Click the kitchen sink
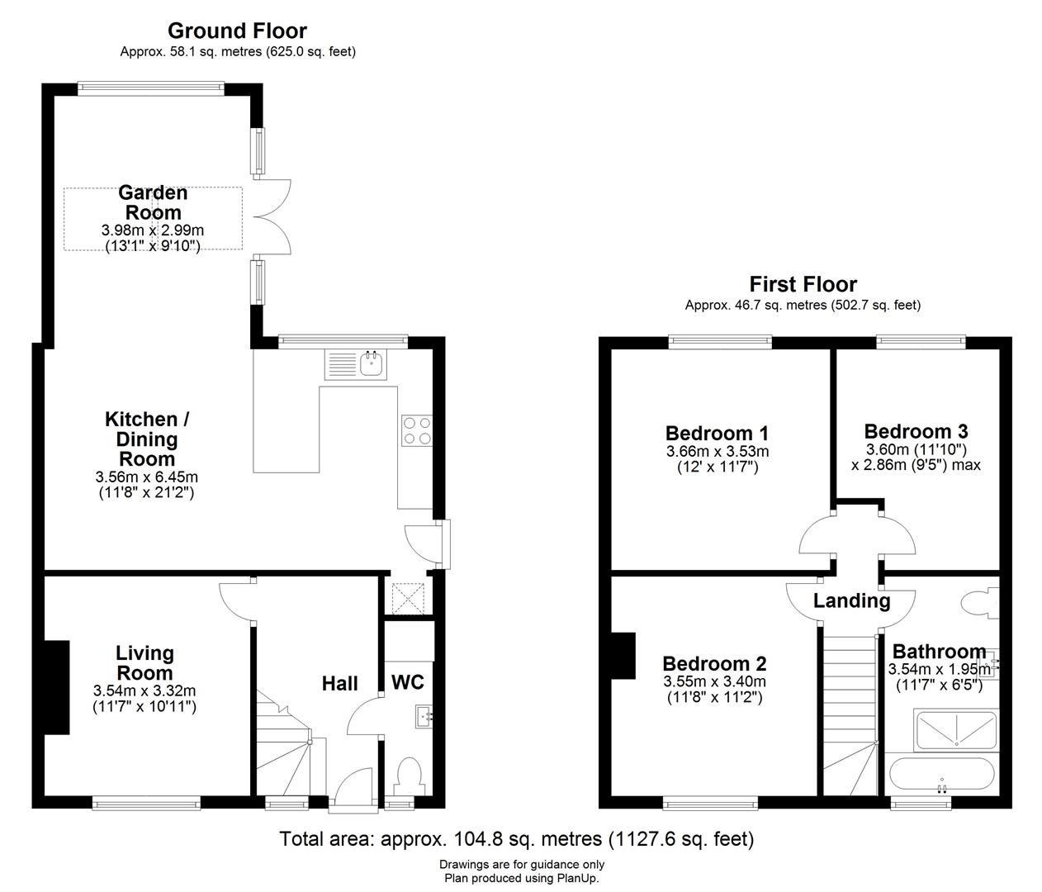click(372, 363)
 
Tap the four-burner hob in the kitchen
click(416, 430)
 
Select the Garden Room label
click(153, 202)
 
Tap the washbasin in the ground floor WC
click(425, 715)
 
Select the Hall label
click(339, 683)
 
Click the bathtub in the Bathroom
click(941, 776)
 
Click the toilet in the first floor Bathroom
click(982, 604)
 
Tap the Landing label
click(851, 600)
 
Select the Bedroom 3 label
click(916, 431)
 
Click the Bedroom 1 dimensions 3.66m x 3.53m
click(717, 452)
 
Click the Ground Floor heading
click(237, 31)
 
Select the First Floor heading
click(803, 284)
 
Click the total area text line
click(517, 839)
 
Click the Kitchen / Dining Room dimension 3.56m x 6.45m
click(146, 477)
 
